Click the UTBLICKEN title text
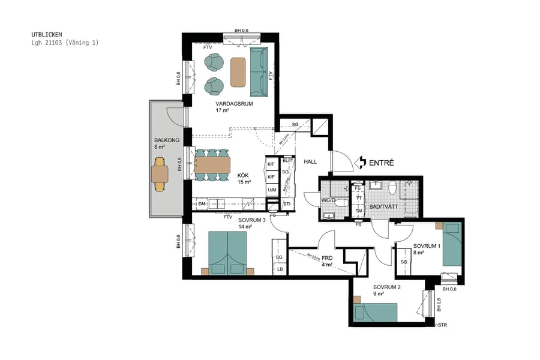(46, 35)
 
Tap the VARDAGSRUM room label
(234, 104)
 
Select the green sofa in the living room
(258, 72)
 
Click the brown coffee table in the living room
(238, 72)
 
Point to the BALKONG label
(167, 140)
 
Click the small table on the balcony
(160, 174)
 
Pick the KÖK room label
(244, 175)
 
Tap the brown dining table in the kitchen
(212, 165)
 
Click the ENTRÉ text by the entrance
(381, 163)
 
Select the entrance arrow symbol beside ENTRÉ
(361, 162)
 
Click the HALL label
(310, 162)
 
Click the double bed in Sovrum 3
(227, 251)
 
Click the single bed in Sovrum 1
(452, 244)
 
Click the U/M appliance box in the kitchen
(272, 190)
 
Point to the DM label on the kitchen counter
(202, 205)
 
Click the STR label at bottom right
(442, 325)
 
